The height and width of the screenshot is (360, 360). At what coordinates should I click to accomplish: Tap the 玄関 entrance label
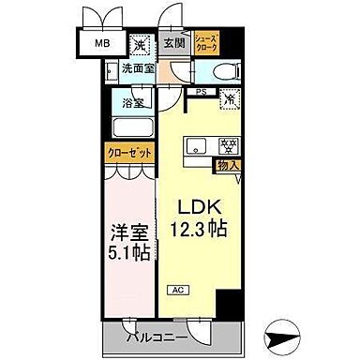click(x=172, y=43)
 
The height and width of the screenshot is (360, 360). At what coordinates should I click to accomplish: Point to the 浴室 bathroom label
click(x=133, y=103)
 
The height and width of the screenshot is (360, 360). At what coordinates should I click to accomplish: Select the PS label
click(x=201, y=91)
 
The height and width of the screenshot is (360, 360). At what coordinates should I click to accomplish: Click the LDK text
click(x=196, y=208)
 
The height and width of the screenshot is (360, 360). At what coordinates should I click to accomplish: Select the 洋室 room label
click(x=127, y=230)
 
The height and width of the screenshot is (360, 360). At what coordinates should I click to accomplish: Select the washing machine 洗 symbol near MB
click(x=139, y=44)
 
